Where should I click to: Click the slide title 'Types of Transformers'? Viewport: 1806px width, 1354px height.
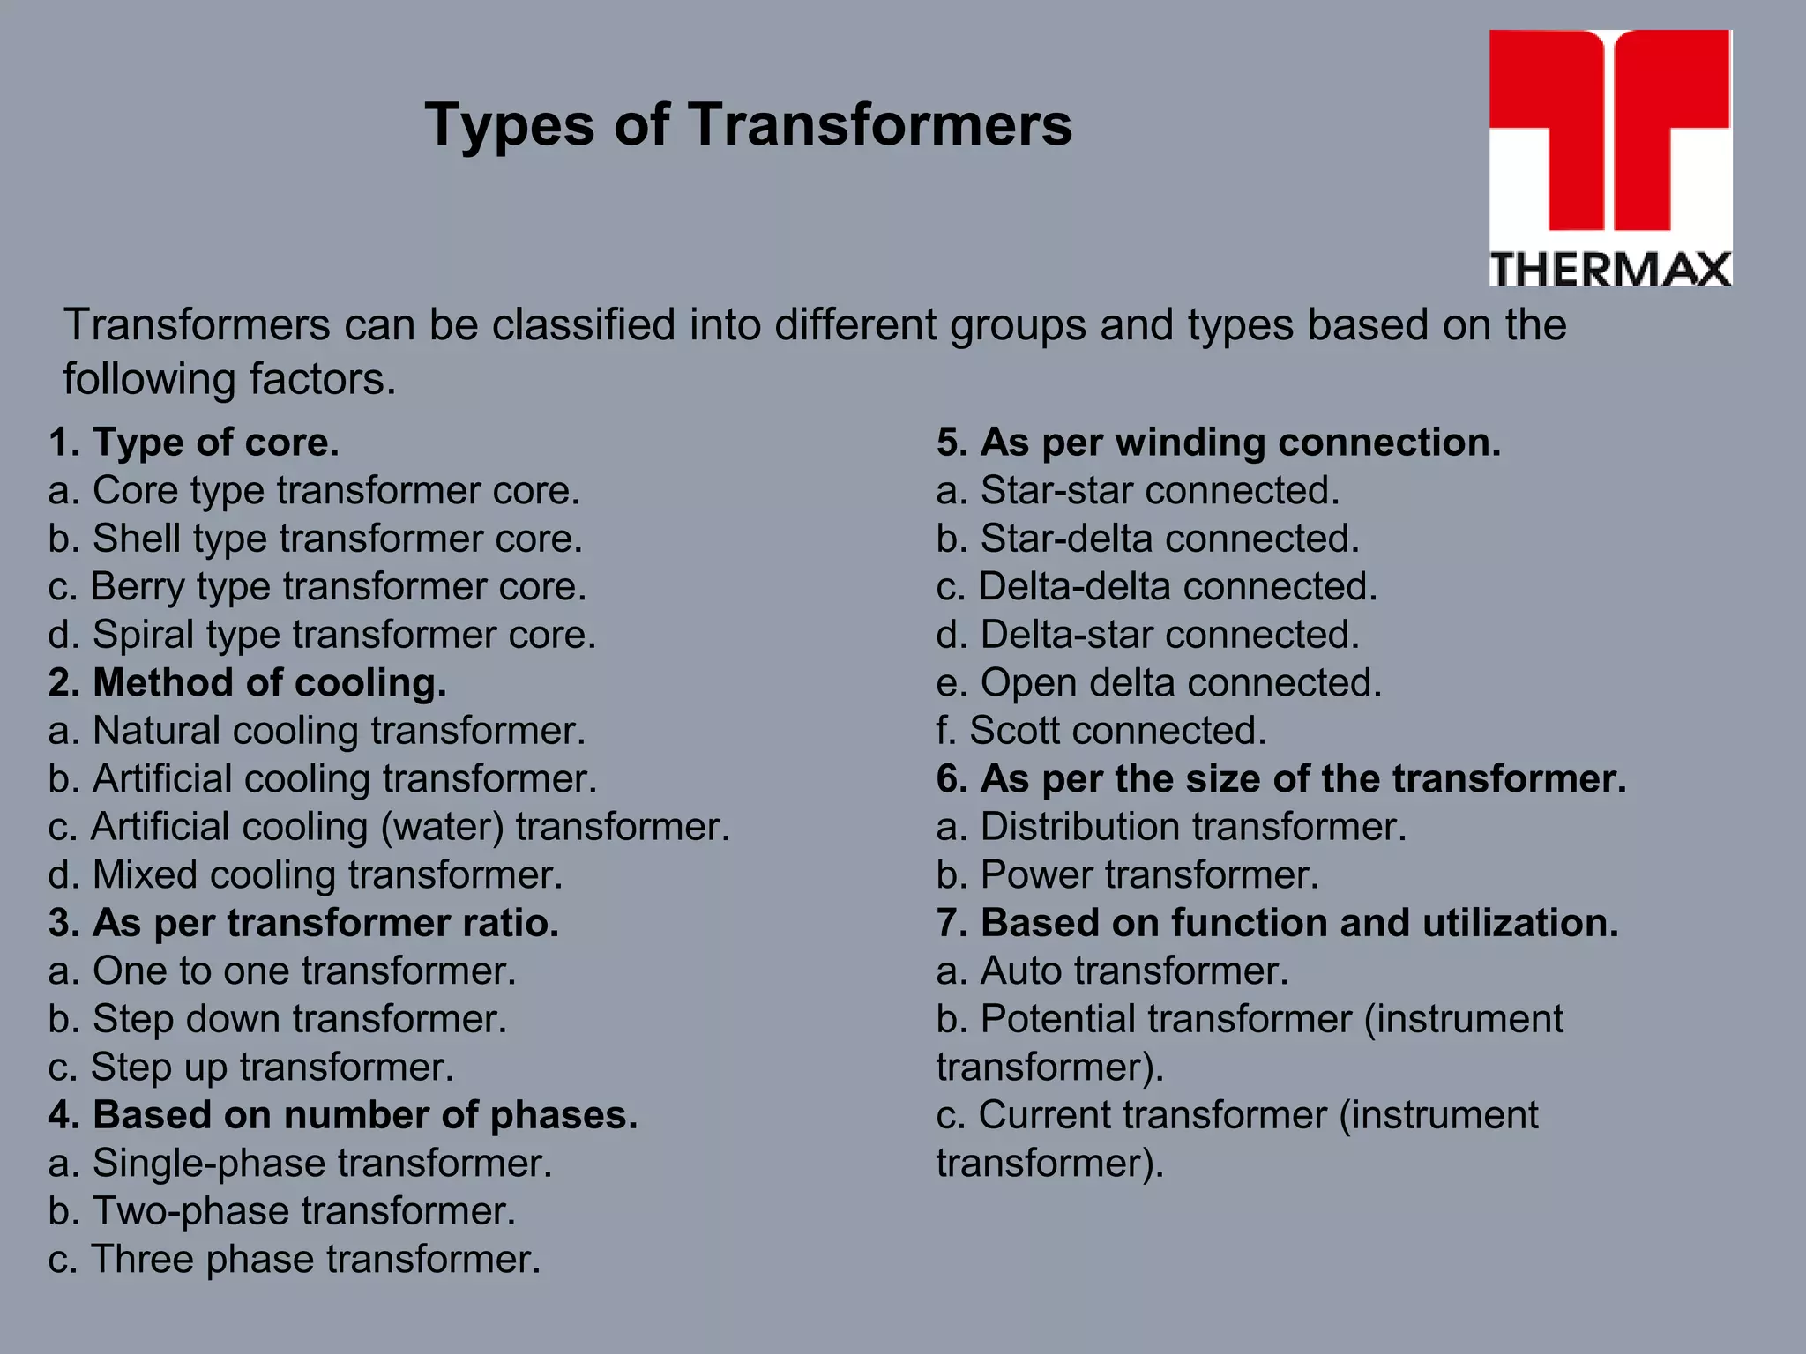coord(749,124)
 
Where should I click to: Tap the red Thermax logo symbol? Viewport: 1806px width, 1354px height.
coord(1610,132)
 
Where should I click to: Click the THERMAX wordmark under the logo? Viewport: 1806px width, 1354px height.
coord(1610,269)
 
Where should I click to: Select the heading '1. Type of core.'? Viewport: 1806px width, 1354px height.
coord(194,443)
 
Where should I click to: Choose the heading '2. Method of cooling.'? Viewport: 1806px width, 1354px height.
coord(247,683)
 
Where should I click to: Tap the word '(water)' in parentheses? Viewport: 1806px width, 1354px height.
coord(442,828)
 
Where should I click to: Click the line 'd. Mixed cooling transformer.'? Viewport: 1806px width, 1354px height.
coord(305,875)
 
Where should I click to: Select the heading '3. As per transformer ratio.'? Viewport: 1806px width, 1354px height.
coord(303,923)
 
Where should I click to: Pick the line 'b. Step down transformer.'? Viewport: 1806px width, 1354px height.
coord(278,1019)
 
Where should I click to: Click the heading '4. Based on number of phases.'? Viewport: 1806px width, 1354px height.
coord(342,1115)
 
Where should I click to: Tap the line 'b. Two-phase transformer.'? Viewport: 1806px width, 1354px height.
coord(281,1211)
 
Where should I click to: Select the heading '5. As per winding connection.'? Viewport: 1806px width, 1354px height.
coord(1218,443)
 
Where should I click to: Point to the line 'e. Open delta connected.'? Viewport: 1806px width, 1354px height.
coord(1159,683)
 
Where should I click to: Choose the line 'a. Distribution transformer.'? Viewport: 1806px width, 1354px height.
coord(1171,828)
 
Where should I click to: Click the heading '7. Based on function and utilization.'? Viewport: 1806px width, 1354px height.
coord(1277,923)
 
